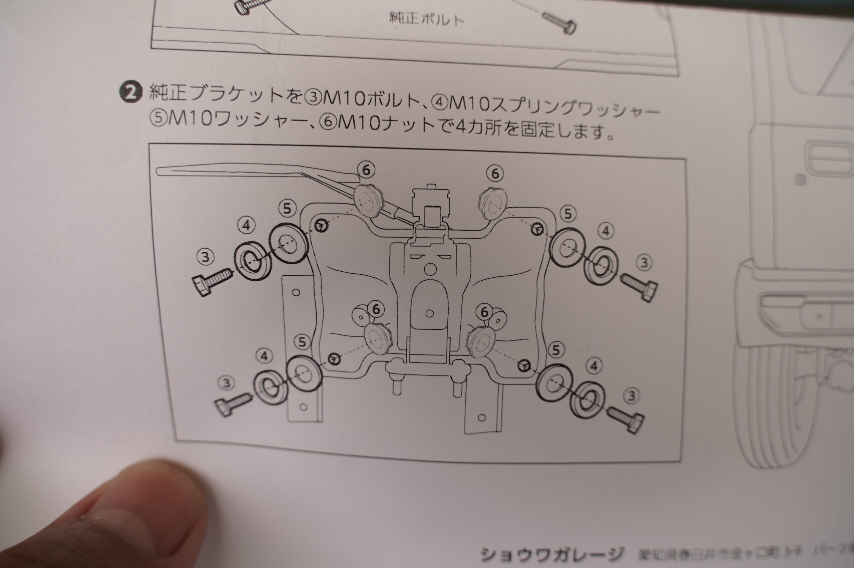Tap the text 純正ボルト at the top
click(x=426, y=18)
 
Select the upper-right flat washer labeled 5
click(x=567, y=248)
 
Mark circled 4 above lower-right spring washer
click(x=593, y=366)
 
